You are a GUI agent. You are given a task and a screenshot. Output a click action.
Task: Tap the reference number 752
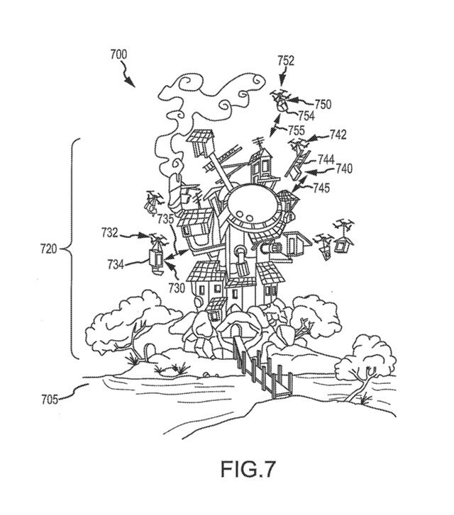click(x=286, y=61)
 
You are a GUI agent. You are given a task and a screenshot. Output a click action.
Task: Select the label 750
click(x=323, y=103)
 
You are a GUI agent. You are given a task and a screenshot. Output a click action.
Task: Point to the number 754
click(x=306, y=115)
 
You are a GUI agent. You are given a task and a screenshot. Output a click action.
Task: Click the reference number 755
click(x=297, y=130)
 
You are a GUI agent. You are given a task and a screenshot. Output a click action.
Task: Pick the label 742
click(x=338, y=134)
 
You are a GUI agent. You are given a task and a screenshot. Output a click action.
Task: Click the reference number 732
click(x=110, y=231)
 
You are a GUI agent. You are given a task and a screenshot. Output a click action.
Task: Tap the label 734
click(x=116, y=264)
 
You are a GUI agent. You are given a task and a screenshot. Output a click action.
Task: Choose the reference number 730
click(x=176, y=288)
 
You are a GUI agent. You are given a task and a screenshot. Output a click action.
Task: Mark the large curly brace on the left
click(x=74, y=249)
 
